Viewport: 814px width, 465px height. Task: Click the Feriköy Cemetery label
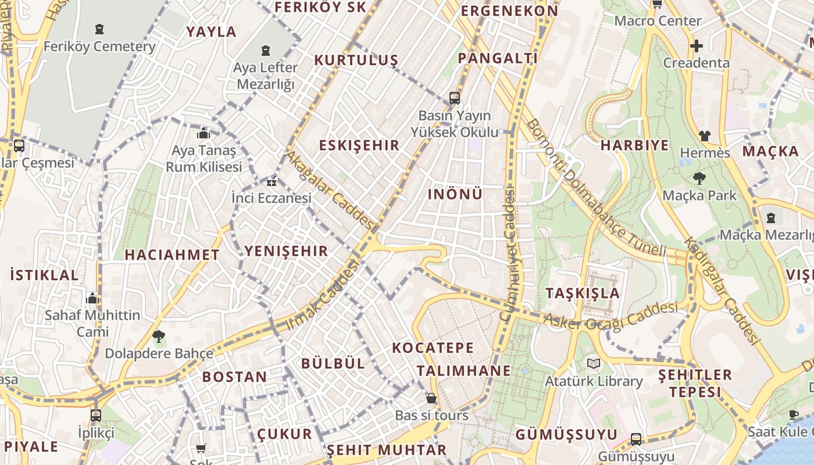[x=99, y=46]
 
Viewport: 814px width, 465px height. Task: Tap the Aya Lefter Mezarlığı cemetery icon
[x=266, y=51]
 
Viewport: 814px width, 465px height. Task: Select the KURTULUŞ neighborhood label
[x=356, y=60]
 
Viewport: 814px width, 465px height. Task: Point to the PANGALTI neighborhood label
[x=498, y=58]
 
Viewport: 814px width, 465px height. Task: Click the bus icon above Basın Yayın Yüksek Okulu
[x=455, y=98]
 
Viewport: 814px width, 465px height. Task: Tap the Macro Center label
[x=658, y=21]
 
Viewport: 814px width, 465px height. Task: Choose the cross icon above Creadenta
[x=696, y=45]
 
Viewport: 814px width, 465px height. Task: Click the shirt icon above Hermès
[x=705, y=136]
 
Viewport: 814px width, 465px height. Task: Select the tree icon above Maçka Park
[x=699, y=178]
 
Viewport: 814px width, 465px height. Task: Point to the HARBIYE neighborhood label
[x=634, y=145]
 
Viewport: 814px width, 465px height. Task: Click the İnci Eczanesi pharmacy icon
[x=271, y=182]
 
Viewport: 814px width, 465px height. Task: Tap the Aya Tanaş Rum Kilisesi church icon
[x=203, y=134]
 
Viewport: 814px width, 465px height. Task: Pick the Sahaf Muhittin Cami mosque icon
[x=92, y=299]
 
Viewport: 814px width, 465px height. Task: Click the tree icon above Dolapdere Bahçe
[x=158, y=336]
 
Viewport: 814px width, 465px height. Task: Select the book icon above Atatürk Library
[x=593, y=364]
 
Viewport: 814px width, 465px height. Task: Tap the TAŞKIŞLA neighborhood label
[x=583, y=293]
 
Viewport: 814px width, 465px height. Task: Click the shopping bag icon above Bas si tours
[x=431, y=398]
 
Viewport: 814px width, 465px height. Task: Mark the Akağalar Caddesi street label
[x=330, y=189]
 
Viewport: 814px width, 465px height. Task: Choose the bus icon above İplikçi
[x=96, y=416]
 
